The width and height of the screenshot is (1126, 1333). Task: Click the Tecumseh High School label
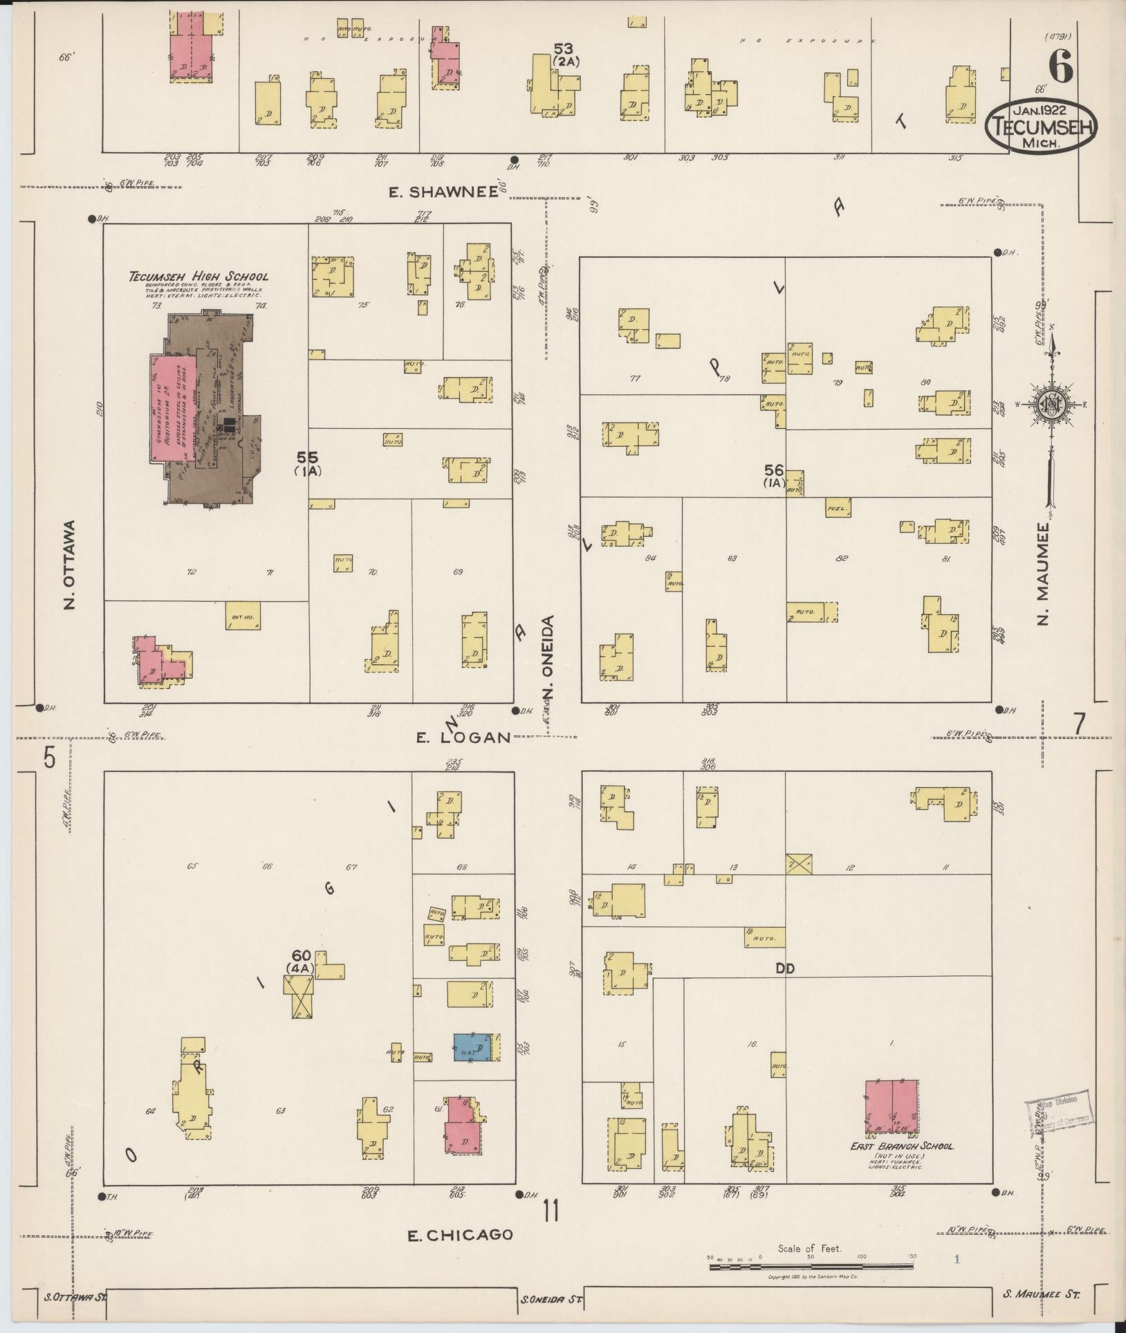click(199, 277)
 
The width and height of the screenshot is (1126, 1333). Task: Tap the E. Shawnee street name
click(443, 193)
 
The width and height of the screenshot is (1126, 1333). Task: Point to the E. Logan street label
click(463, 737)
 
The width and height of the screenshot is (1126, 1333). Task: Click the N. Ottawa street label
click(69, 565)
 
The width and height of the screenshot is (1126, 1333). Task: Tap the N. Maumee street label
click(1044, 573)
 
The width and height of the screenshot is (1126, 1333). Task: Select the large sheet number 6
click(1060, 68)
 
